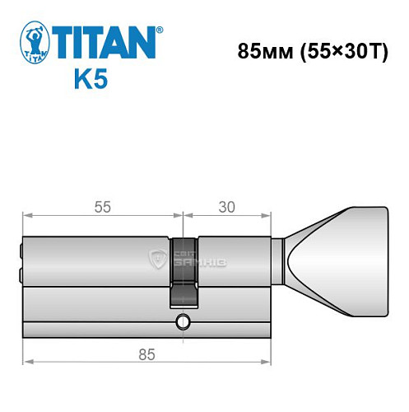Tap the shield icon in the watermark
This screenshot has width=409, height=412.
click(x=156, y=260)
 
